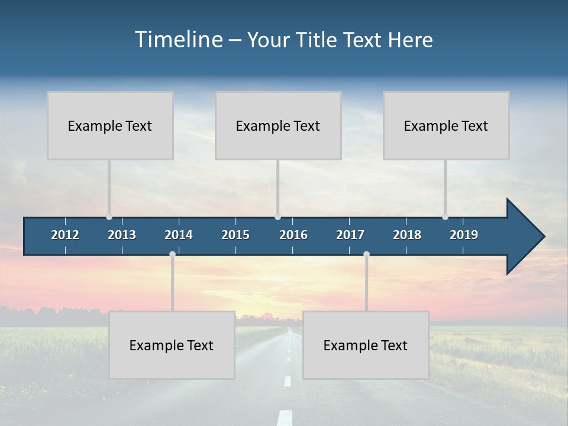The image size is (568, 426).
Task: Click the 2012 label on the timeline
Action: [x=65, y=235]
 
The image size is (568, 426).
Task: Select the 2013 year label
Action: [x=122, y=235]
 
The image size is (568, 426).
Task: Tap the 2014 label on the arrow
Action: [x=179, y=235]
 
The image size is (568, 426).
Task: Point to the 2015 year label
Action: [x=235, y=235]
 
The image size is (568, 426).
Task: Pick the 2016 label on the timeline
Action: [x=293, y=235]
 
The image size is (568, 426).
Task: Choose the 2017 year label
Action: [x=350, y=235]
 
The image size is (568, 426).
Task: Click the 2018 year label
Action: [x=407, y=235]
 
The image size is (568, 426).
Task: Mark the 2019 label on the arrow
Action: [x=464, y=235]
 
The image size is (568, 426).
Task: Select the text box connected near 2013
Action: [x=110, y=125]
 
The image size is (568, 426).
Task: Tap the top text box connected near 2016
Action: [x=278, y=125]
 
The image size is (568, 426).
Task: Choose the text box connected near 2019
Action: [x=446, y=125]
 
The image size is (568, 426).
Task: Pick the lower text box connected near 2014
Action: [x=172, y=345]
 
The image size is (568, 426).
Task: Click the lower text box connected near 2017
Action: [x=366, y=345]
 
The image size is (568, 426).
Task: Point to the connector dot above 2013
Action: [x=109, y=217]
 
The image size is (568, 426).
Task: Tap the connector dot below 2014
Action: [x=172, y=254]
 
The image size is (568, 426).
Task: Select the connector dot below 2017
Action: [x=366, y=254]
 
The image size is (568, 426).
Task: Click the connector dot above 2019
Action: [x=445, y=217]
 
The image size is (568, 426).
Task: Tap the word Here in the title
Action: [x=410, y=40]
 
